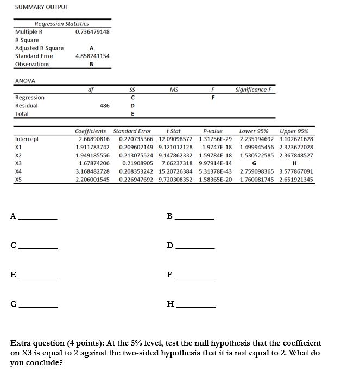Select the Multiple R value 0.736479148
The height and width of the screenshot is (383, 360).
coord(92,32)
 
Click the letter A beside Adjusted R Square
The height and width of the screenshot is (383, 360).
coord(91,48)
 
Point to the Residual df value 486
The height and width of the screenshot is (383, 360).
coord(105,106)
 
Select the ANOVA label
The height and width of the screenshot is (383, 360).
coord(25,81)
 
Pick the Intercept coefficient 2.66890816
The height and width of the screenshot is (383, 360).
coord(93,139)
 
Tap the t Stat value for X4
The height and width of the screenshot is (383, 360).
coord(175,171)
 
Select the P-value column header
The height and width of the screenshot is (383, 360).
coord(212,131)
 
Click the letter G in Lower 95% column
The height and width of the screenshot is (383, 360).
coord(255,163)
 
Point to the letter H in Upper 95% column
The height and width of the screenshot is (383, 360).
coord(294,163)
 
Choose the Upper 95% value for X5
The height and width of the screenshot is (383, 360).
coord(296,180)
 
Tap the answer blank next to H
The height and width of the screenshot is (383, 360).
coord(196,305)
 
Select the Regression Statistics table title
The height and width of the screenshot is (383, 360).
coord(61,24)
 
